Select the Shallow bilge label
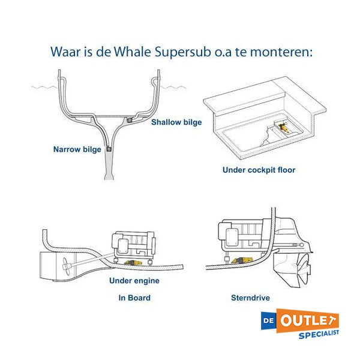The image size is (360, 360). pos(176,122)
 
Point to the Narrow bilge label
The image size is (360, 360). pos(77,149)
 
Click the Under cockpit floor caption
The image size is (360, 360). pos(259,170)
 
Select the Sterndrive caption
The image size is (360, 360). pos(250,298)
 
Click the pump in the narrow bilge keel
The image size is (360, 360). pos(109,148)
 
